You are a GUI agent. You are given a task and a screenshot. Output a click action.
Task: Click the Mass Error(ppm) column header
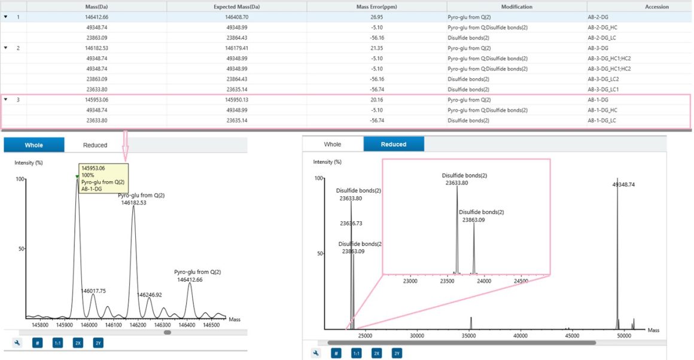[x=377, y=7]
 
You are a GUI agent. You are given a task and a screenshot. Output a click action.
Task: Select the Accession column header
[x=657, y=7]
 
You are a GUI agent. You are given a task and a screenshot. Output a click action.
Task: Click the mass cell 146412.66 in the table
[x=96, y=17]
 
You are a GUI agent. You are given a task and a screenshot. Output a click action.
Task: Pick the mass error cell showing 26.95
[x=377, y=17]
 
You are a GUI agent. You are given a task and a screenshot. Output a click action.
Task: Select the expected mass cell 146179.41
[x=237, y=48]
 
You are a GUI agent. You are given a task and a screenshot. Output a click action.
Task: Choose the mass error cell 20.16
[x=377, y=99]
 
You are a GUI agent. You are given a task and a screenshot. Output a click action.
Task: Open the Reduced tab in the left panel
[x=95, y=145]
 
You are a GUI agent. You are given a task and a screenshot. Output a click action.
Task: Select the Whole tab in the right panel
[x=333, y=144]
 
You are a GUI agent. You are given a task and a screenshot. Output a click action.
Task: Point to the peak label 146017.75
[x=93, y=291]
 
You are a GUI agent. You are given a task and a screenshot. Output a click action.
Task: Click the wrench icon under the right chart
[x=316, y=353]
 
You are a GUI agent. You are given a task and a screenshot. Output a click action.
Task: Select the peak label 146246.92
[x=150, y=295]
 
